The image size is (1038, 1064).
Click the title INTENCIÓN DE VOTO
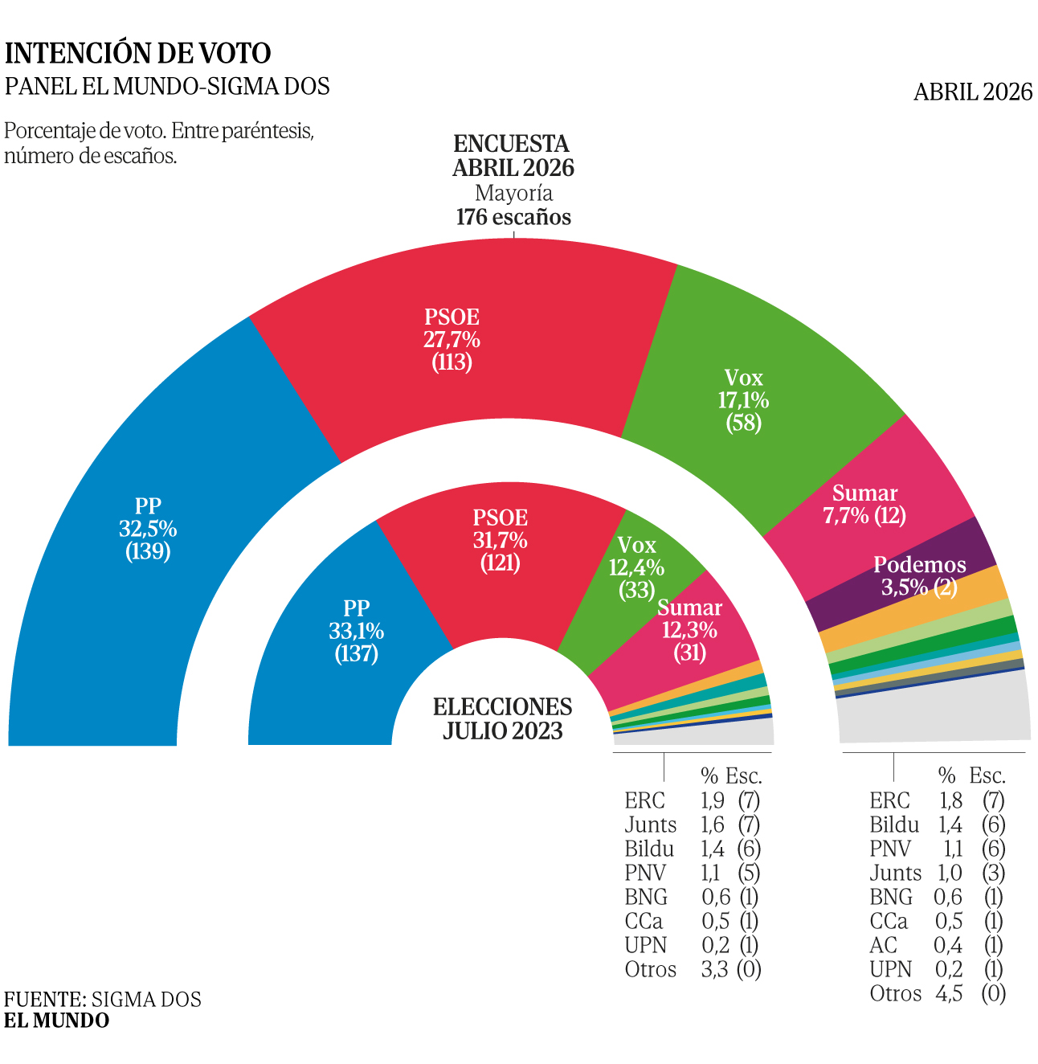[x=138, y=54]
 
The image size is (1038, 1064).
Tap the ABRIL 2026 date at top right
[x=972, y=92]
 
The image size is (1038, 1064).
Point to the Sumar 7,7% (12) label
[x=864, y=505]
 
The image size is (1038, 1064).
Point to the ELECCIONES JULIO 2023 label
[x=502, y=718]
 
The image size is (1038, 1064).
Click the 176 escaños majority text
[x=513, y=217]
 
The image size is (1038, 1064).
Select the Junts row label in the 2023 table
[x=650, y=825]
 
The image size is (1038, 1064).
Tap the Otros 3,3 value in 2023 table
[x=714, y=969]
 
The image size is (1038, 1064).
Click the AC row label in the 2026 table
[x=883, y=945]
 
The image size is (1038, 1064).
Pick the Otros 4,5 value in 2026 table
[x=949, y=993]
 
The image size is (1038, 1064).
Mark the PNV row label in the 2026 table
[x=889, y=849]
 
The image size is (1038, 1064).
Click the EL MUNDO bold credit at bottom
[x=56, y=1021]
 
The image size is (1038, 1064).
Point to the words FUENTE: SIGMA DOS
[x=103, y=999]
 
